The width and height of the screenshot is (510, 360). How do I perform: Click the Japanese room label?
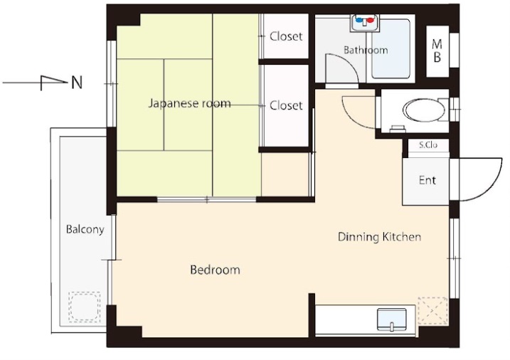[190, 103]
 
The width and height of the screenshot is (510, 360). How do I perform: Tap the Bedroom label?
[215, 270]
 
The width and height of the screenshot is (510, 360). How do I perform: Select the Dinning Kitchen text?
[380, 237]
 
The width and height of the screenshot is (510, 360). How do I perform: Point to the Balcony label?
[85, 229]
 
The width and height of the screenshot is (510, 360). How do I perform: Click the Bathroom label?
[366, 50]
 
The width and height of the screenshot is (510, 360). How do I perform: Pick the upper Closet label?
[286, 36]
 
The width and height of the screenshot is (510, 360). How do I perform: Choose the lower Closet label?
[286, 105]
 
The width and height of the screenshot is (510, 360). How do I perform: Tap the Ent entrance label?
[427, 180]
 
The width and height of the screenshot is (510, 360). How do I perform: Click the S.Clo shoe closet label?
[428, 145]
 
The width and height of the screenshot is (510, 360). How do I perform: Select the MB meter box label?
[437, 51]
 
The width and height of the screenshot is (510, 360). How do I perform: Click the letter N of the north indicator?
[77, 83]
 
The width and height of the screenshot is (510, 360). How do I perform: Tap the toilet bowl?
[424, 110]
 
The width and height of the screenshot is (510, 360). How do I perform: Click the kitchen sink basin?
[392, 319]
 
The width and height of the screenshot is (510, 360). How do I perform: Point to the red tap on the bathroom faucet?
[371, 20]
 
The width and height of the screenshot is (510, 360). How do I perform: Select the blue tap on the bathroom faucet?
[359, 20]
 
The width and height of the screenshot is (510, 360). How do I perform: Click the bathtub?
[391, 49]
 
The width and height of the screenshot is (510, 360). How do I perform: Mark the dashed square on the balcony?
[84, 307]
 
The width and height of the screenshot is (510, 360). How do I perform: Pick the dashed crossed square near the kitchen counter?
[433, 311]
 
